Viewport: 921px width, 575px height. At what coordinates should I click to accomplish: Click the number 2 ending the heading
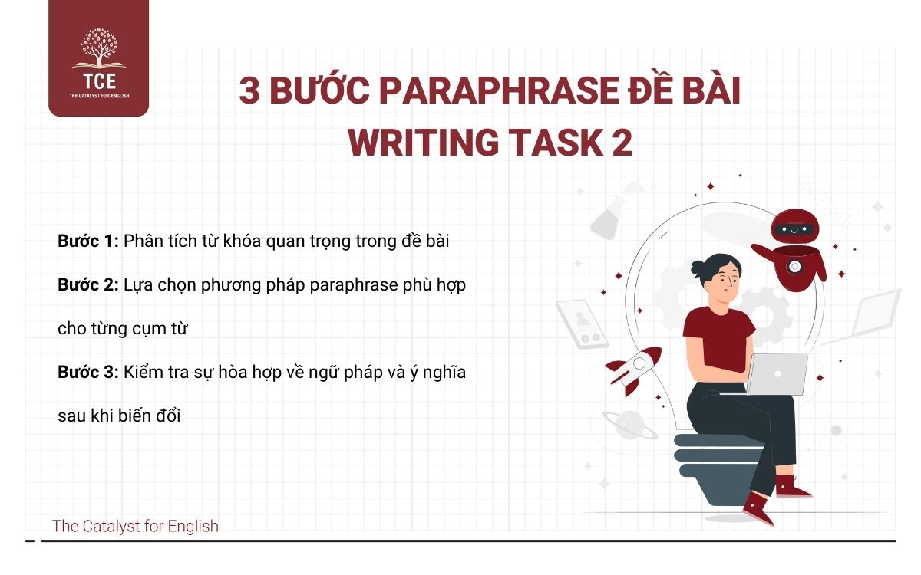(x=622, y=143)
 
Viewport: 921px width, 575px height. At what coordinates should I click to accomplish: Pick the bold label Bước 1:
(x=87, y=241)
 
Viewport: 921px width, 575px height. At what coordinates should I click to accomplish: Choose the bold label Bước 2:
(x=87, y=284)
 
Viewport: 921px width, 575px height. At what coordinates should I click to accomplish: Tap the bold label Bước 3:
(x=87, y=373)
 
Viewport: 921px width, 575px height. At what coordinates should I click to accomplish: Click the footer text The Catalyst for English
(x=135, y=526)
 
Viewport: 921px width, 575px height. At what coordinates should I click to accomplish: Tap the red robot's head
(x=795, y=228)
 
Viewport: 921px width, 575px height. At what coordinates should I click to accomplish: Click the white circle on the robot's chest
(x=795, y=266)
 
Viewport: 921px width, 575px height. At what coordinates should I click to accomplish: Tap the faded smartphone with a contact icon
(x=581, y=324)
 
